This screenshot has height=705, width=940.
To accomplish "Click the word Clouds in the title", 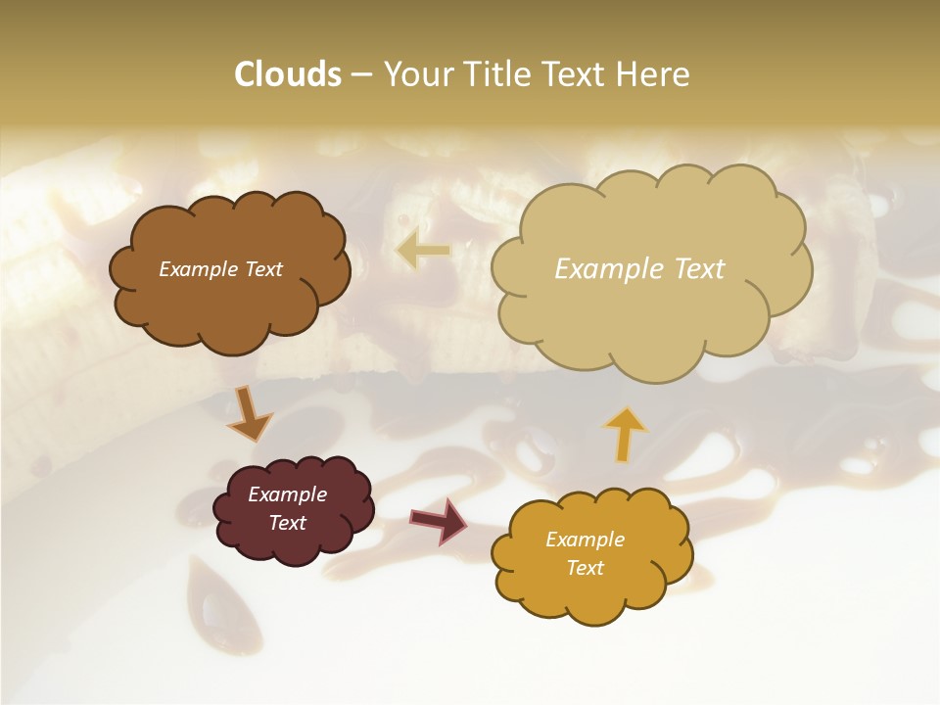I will [x=287, y=74].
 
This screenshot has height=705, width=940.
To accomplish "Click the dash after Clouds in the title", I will [x=361, y=75].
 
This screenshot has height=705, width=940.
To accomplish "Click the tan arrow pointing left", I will [x=422, y=252].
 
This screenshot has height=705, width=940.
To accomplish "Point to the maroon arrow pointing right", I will [x=440, y=520].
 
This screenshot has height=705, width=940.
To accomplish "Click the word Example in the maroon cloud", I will [x=287, y=494].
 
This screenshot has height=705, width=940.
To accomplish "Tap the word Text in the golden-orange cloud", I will [x=585, y=568].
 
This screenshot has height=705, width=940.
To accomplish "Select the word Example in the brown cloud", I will [x=197, y=268].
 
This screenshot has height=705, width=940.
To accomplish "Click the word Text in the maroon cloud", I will [x=287, y=523].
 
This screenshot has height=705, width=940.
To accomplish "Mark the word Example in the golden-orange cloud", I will [x=585, y=540].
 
